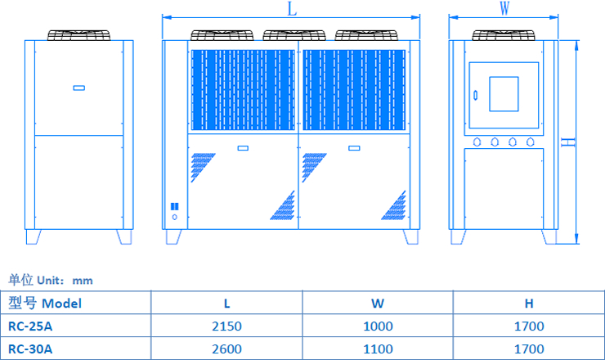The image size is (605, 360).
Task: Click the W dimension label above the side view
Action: [504, 8]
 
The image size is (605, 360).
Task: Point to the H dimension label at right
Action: [570, 142]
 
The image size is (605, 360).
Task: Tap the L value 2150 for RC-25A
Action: [226, 326]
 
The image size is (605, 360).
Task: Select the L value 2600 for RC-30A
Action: [226, 349]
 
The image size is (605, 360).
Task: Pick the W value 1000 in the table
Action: [378, 326]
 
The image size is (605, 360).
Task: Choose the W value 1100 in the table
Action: [378, 349]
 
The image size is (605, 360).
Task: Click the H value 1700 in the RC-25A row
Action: [529, 326]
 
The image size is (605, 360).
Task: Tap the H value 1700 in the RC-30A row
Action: [529, 349]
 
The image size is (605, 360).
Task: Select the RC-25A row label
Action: [30, 326]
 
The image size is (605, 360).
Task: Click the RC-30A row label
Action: [30, 349]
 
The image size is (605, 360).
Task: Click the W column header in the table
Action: [378, 303]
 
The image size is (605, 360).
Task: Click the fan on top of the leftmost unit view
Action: [78, 35]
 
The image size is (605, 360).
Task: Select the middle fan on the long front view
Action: [292, 35]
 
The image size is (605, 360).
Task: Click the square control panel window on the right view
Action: [503, 93]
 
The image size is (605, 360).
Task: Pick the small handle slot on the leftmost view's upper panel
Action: [78, 88]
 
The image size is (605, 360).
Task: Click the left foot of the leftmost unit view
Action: [33, 236]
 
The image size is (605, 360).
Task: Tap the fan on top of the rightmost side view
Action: [504, 35]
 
